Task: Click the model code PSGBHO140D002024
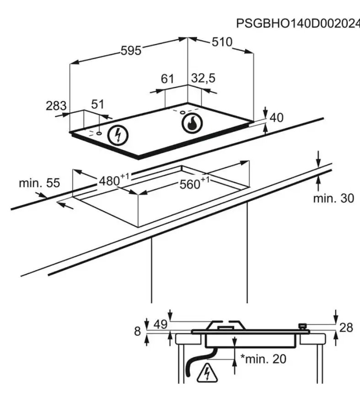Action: click(x=298, y=24)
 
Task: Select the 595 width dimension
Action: click(x=131, y=50)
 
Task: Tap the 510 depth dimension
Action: click(x=222, y=42)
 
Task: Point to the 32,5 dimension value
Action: click(x=203, y=78)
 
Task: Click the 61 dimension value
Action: click(x=167, y=79)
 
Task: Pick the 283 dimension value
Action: click(x=56, y=106)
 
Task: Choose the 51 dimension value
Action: click(x=97, y=104)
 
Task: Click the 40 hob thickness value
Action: click(x=277, y=118)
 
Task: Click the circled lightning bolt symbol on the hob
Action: click(x=118, y=135)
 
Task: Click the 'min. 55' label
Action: click(x=39, y=183)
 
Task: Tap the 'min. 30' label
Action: click(x=333, y=198)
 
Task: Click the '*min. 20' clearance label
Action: click(x=263, y=359)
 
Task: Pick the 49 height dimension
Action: click(x=161, y=325)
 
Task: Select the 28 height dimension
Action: click(x=346, y=328)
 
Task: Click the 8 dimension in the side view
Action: click(x=137, y=332)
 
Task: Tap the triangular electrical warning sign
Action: click(x=207, y=373)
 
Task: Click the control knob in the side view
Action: click(x=302, y=326)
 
